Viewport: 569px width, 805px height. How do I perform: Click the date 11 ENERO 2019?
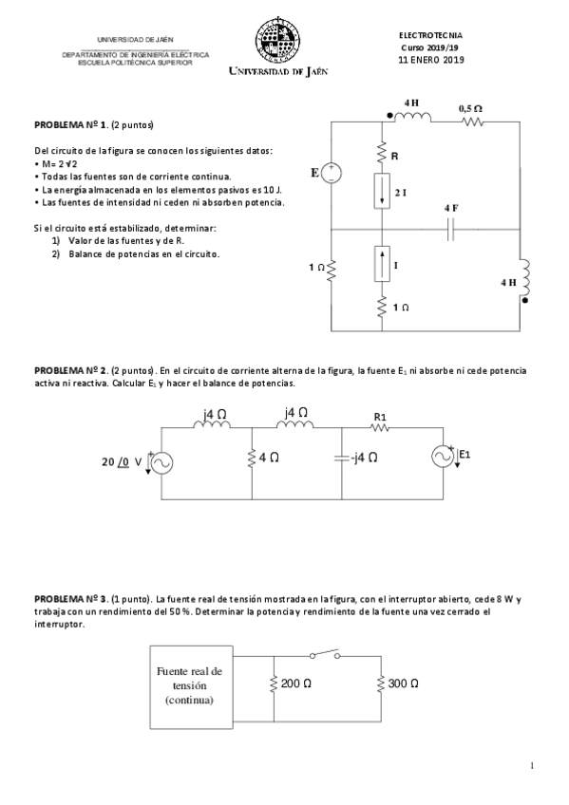[x=431, y=59]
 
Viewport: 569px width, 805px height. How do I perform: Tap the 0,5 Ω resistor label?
[x=470, y=109]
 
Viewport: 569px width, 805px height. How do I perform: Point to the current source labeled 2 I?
[x=381, y=192]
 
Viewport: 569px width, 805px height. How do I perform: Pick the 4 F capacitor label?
[x=450, y=207]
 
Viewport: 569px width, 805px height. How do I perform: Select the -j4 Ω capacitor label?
[x=363, y=458]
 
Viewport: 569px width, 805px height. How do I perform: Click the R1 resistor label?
[x=380, y=416]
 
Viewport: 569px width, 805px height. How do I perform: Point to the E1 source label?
[x=465, y=455]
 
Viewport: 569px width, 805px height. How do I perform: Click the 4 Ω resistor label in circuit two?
[x=268, y=458]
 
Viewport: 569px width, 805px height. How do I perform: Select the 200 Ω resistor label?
[x=296, y=683]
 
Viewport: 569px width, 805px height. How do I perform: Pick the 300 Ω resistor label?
[x=403, y=683]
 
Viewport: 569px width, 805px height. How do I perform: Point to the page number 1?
[x=532, y=765]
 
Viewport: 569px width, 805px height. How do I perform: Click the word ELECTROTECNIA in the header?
[x=431, y=35]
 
